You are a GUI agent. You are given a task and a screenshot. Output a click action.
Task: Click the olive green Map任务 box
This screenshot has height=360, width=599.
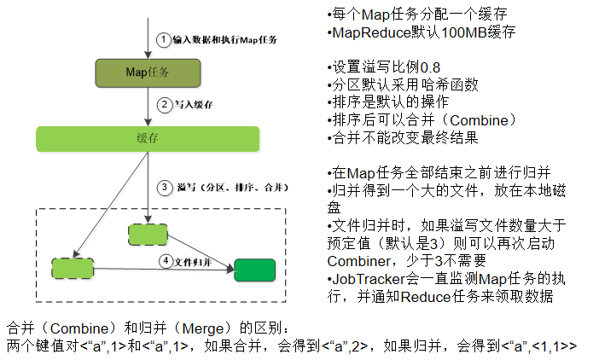point(147,73)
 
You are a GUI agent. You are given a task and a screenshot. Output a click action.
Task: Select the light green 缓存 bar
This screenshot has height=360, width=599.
point(147,138)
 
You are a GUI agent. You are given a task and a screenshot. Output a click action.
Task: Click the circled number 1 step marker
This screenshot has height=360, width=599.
point(163,39)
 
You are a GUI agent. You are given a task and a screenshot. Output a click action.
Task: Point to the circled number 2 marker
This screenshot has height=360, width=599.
point(164,105)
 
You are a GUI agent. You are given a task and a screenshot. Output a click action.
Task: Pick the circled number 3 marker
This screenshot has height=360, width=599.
point(164,187)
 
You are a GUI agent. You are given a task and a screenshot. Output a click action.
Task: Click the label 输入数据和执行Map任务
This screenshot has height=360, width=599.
point(225,40)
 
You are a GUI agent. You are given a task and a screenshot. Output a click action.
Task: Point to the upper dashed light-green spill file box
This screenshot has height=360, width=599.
point(148,234)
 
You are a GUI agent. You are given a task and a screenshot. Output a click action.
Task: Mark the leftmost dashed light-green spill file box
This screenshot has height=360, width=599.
point(71,268)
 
